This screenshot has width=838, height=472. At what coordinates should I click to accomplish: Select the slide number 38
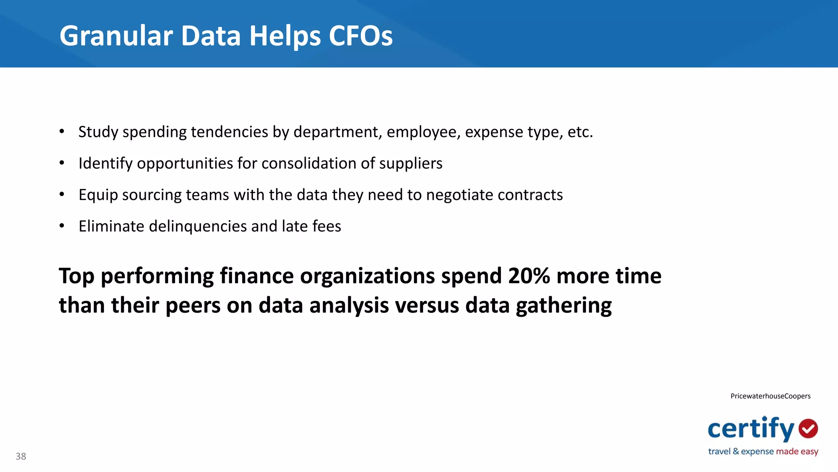tap(21, 456)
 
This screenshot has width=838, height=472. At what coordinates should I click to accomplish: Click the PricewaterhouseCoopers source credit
tap(770, 396)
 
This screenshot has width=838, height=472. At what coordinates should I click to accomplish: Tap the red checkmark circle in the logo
tap(808, 429)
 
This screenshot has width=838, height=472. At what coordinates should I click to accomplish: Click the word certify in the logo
tap(751, 429)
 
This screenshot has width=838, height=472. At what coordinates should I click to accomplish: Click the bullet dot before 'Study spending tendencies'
tap(62, 132)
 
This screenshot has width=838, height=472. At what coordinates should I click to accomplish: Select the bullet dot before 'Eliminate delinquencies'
tap(62, 226)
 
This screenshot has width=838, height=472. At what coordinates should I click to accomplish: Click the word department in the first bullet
tap(338, 132)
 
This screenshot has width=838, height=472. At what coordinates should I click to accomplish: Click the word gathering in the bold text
tap(563, 306)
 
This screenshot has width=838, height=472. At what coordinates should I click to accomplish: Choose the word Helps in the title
tap(285, 36)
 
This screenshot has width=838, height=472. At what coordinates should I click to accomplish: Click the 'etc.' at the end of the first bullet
tap(580, 132)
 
